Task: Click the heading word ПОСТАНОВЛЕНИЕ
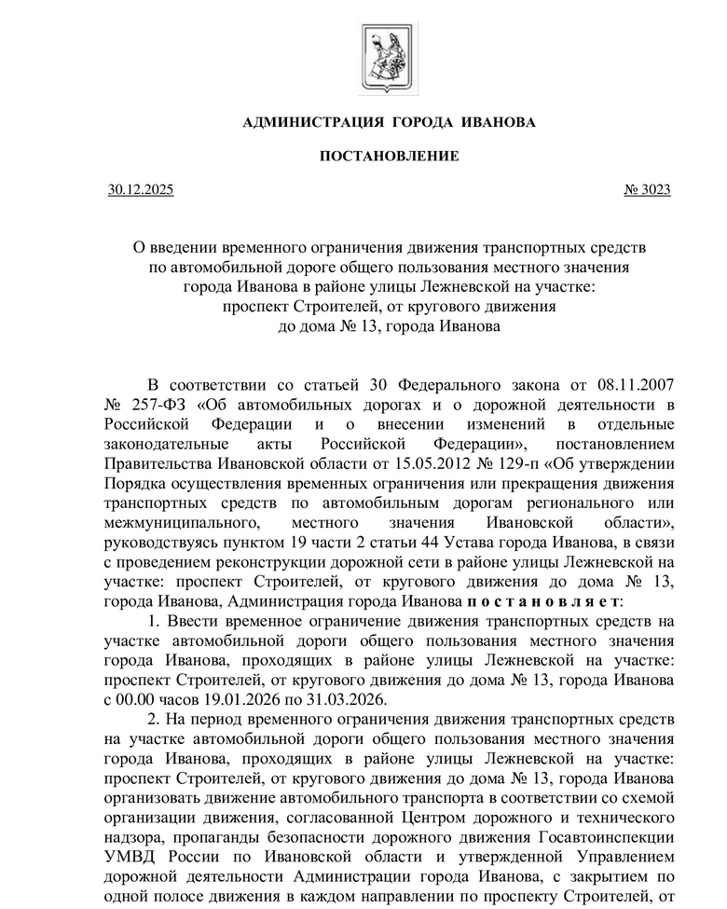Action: click(390, 156)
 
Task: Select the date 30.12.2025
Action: click(141, 190)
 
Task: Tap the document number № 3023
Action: click(647, 190)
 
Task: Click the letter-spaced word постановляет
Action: click(543, 600)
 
